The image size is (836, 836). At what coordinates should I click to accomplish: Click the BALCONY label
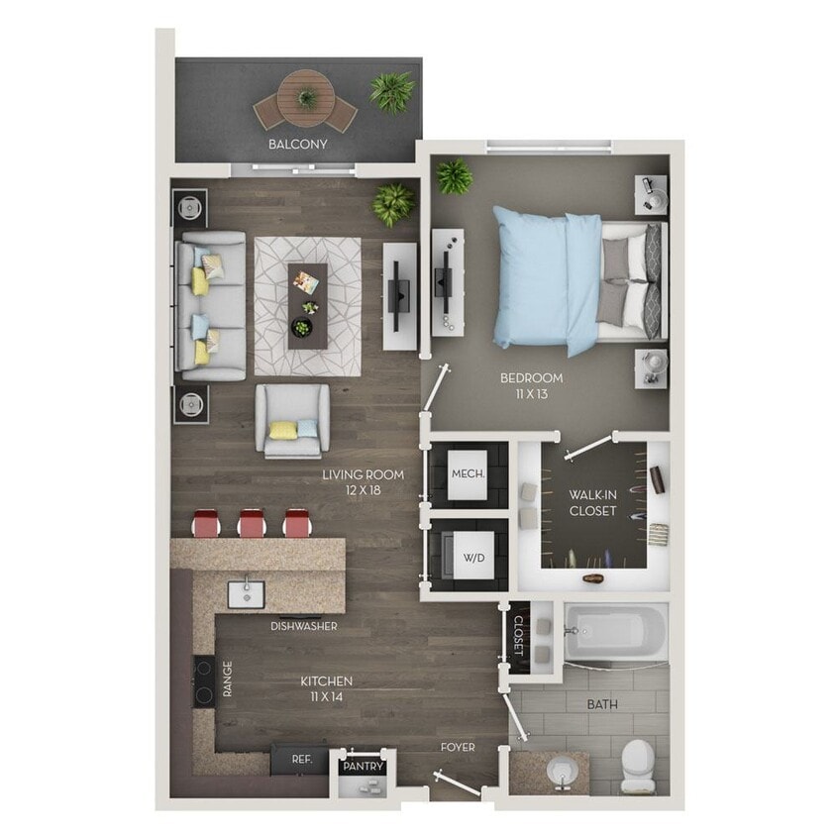297,145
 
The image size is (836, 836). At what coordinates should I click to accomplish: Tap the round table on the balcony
305,98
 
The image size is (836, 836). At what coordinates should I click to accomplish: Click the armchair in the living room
292,420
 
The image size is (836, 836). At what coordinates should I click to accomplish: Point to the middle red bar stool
253,523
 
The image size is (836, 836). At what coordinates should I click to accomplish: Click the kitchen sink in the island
247,594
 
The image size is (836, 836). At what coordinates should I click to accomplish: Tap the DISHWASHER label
304,626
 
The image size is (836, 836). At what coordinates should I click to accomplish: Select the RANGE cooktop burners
204,680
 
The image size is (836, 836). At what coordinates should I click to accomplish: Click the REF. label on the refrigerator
302,760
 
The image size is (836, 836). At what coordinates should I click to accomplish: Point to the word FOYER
458,747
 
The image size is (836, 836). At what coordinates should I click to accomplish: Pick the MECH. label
468,473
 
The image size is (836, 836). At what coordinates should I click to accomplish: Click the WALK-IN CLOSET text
592,502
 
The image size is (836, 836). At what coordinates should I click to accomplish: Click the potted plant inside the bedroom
454,177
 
